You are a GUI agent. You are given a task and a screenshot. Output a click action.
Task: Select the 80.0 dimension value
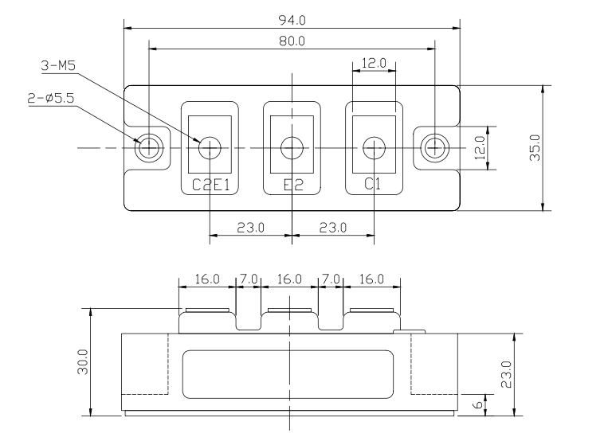click(x=292, y=41)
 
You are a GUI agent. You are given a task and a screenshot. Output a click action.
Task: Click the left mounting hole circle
click(x=149, y=147)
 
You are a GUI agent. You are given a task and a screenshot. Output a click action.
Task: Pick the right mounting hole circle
click(x=434, y=147)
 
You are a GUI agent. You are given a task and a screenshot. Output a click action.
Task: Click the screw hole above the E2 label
click(x=292, y=147)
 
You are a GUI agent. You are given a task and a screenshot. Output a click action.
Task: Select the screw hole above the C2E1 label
click(x=210, y=147)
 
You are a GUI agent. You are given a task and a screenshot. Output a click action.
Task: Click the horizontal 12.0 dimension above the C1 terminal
click(x=373, y=62)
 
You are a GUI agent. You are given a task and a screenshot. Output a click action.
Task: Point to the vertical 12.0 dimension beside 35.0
click(x=480, y=148)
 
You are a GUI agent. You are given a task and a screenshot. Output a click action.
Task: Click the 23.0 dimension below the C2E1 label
click(x=250, y=228)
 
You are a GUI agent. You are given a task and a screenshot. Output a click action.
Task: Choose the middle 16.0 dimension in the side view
click(x=289, y=279)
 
